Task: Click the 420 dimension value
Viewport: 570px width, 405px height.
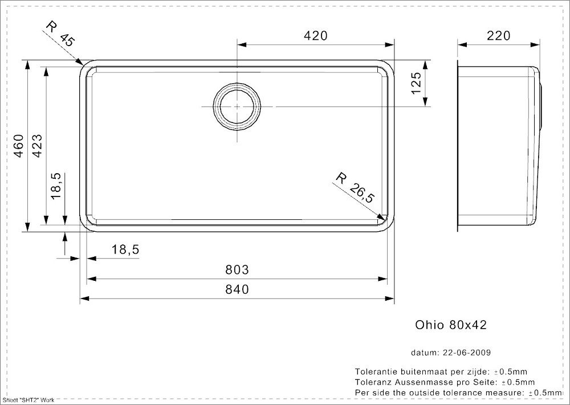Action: pyautogui.click(x=316, y=35)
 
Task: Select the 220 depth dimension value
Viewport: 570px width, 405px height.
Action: pyautogui.click(x=498, y=35)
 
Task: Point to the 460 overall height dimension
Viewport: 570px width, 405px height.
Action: pyautogui.click(x=19, y=146)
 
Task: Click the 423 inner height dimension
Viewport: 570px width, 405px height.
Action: pyautogui.click(x=38, y=146)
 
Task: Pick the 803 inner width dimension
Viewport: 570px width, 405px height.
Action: pyautogui.click(x=237, y=270)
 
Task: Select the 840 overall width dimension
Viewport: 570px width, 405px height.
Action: pyautogui.click(x=237, y=289)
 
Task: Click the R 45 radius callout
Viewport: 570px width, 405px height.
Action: pyautogui.click(x=60, y=34)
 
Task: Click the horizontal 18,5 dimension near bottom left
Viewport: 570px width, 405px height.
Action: pyautogui.click(x=125, y=250)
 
